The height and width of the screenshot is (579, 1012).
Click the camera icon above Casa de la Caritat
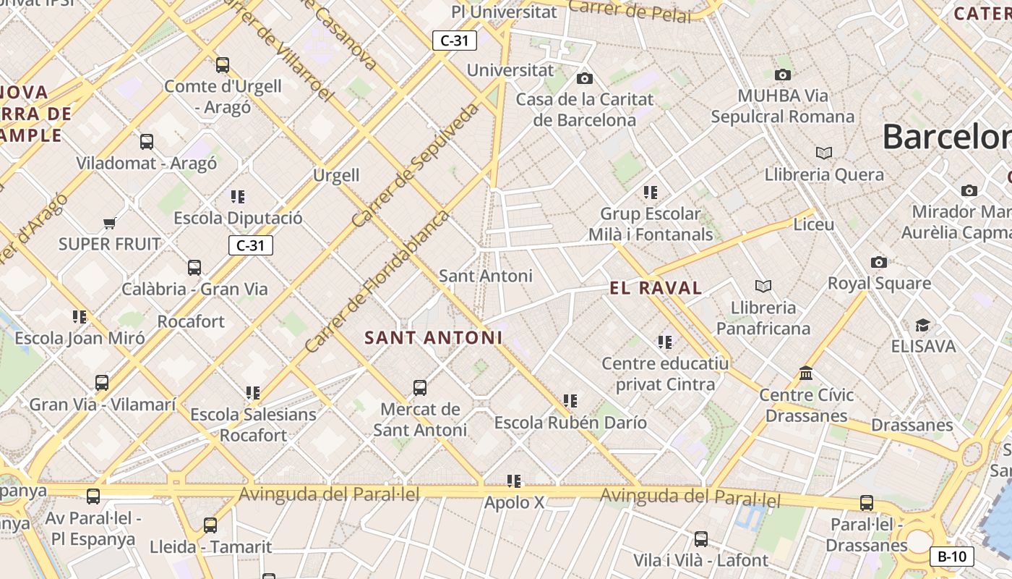tap(585, 78)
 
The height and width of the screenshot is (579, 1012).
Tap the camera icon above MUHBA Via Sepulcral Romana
tap(782, 75)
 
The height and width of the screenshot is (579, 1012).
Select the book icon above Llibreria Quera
tap(823, 153)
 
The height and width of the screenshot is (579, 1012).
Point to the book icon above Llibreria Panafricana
tap(763, 286)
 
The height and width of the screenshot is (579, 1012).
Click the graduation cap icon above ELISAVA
tap(922, 325)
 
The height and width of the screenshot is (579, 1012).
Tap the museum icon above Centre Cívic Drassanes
tap(806, 373)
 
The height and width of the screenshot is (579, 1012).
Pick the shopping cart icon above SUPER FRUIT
tap(109, 223)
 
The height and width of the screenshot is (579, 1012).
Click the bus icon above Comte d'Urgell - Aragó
tap(223, 65)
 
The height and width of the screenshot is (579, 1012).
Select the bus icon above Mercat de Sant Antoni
tap(420, 388)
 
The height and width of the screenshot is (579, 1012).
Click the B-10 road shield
tap(951, 557)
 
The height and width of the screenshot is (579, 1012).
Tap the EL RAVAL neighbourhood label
tap(656, 288)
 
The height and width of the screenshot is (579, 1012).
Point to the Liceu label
tap(814, 224)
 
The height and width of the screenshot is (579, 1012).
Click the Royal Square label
tap(879, 283)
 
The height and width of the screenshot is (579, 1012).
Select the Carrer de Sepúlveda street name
tap(416, 165)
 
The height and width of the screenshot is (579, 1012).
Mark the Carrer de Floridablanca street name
tap(377, 282)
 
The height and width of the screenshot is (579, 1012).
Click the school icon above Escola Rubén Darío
tap(570, 400)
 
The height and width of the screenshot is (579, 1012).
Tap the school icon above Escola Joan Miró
tap(80, 316)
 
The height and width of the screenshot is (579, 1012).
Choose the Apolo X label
tap(514, 502)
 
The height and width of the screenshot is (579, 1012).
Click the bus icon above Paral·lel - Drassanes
tap(867, 502)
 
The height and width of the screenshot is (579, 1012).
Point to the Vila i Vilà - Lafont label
tap(700, 560)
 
